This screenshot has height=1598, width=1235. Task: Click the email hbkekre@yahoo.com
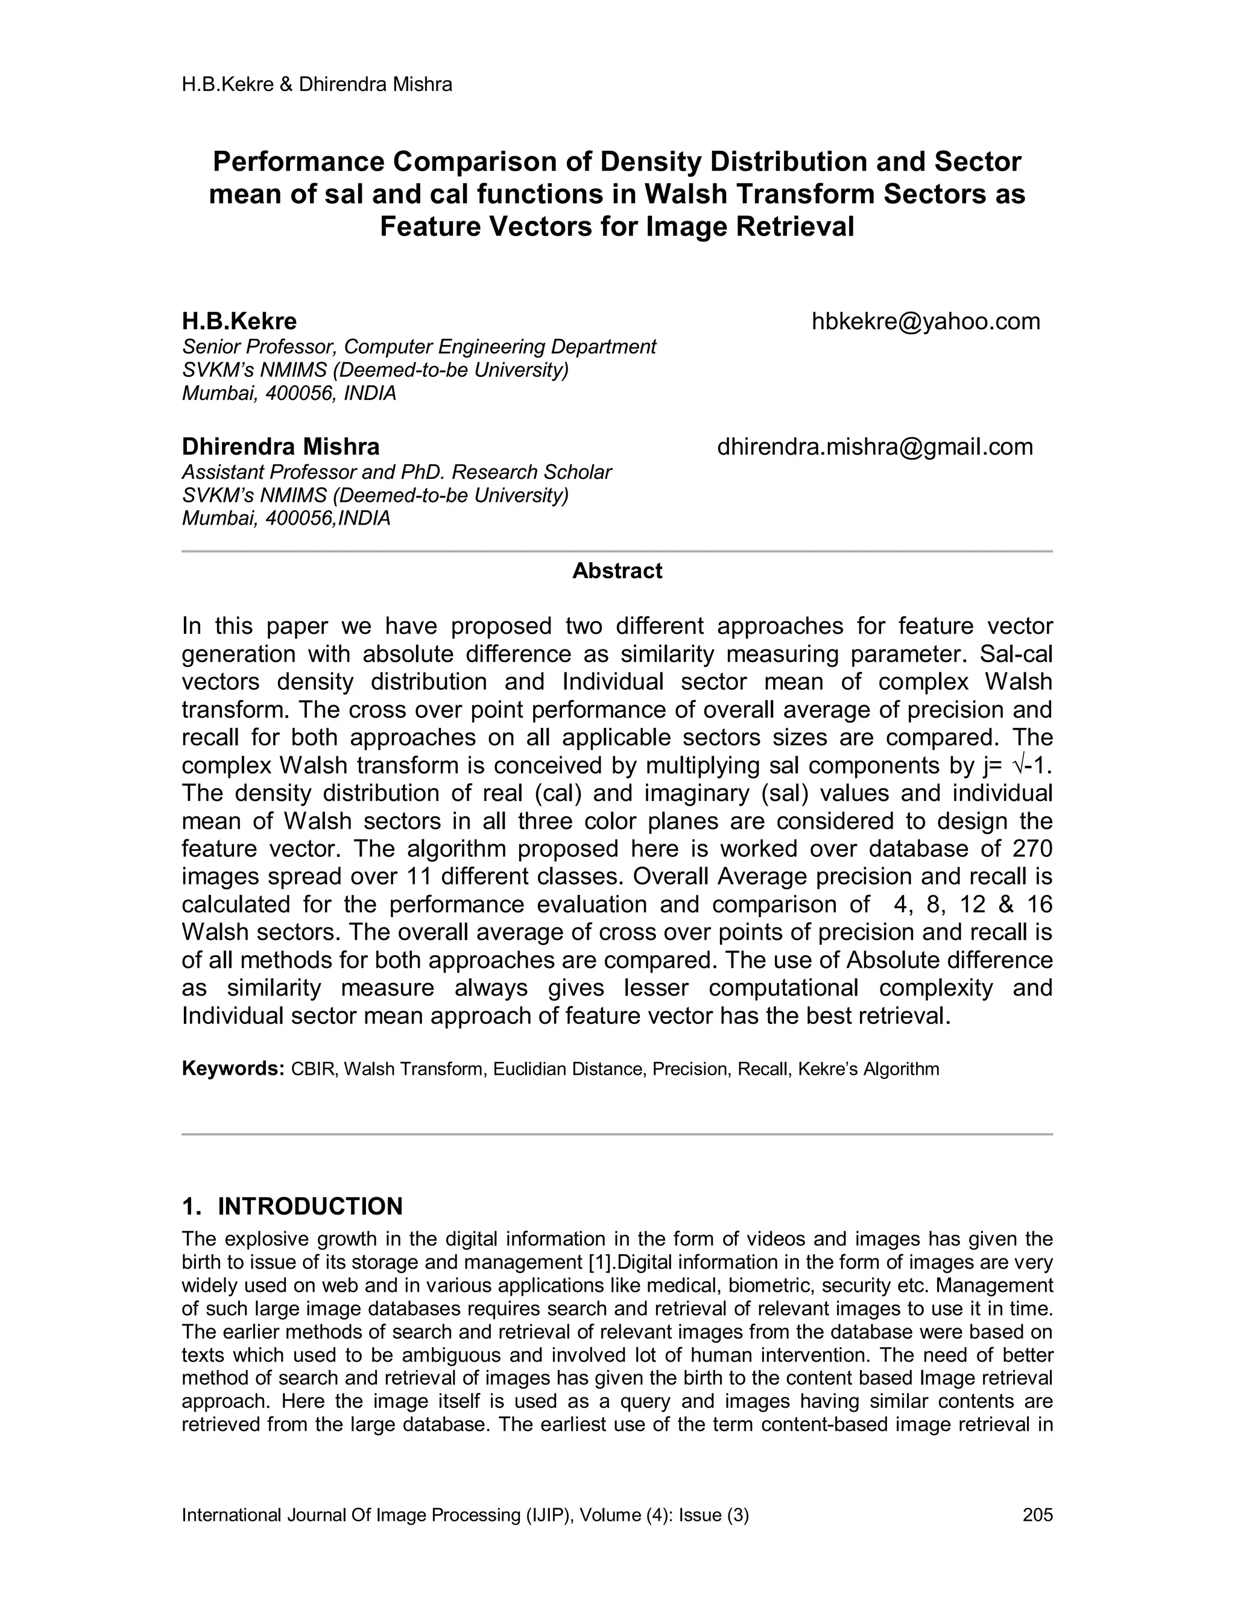(926, 321)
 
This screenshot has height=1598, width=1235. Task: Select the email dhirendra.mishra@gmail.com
(875, 446)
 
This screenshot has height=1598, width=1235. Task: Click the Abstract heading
(617, 570)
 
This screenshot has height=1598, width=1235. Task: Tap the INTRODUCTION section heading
(310, 1207)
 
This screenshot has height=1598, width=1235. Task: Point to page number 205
(1037, 1515)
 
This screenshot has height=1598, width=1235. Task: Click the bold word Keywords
(233, 1069)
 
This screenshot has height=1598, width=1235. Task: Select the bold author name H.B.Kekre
(239, 321)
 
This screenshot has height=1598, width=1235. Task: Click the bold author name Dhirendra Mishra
(280, 446)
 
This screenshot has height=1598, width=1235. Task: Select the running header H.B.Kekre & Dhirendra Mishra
(317, 85)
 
